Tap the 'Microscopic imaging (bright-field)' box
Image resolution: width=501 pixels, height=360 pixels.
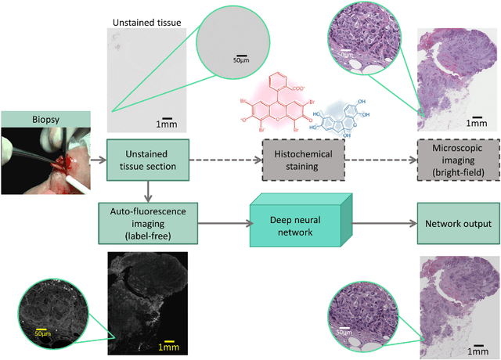coord(456,159)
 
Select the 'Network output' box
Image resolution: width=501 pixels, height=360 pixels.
coord(456,223)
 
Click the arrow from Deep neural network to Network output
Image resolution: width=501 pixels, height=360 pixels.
coord(376,223)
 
